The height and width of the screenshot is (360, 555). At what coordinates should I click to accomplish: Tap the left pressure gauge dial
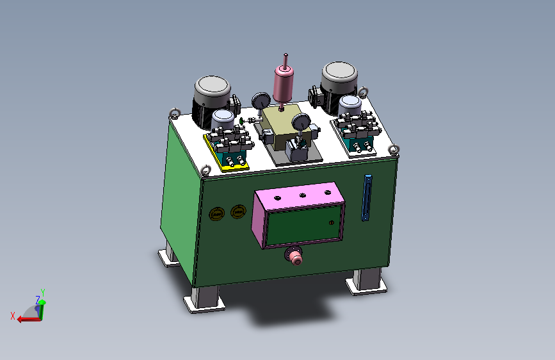tap(261, 101)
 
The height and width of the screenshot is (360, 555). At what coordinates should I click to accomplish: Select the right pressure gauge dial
tap(302, 122)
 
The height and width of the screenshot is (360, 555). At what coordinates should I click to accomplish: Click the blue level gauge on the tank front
tap(367, 198)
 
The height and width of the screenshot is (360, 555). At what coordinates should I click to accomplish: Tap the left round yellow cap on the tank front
tap(216, 214)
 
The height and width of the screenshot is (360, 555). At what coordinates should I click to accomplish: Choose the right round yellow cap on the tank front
tap(238, 211)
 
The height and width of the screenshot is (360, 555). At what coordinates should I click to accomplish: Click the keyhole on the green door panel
tap(332, 222)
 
